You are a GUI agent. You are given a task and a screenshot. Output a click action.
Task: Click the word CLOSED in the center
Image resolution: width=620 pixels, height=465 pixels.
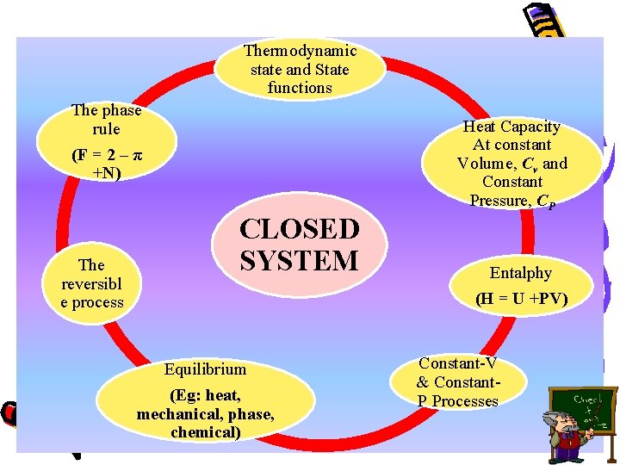click(299, 230)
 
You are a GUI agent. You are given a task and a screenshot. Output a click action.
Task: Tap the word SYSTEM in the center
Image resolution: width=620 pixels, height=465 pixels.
click(299, 260)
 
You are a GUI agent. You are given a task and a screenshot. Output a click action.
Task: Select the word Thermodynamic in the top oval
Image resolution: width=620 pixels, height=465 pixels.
click(299, 51)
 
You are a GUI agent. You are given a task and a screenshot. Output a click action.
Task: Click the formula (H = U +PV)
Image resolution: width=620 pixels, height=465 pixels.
click(522, 300)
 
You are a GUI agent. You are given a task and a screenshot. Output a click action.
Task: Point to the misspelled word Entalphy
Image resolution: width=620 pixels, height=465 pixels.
click(520, 273)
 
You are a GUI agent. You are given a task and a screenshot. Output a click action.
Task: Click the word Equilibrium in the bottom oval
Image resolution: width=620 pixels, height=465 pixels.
click(205, 369)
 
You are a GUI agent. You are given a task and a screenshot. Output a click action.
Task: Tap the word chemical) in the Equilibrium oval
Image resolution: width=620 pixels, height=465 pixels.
click(205, 432)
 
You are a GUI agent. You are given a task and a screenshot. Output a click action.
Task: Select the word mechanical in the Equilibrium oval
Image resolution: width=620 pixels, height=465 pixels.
click(177, 414)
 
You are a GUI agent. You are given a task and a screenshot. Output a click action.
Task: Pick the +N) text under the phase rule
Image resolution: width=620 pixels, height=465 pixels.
click(107, 174)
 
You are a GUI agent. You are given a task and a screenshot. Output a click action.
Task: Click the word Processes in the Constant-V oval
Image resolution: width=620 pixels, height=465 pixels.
click(465, 401)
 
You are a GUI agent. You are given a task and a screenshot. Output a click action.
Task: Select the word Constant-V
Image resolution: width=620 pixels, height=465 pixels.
click(458, 364)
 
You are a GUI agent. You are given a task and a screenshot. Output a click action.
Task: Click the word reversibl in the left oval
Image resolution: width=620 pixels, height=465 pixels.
click(91, 283)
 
